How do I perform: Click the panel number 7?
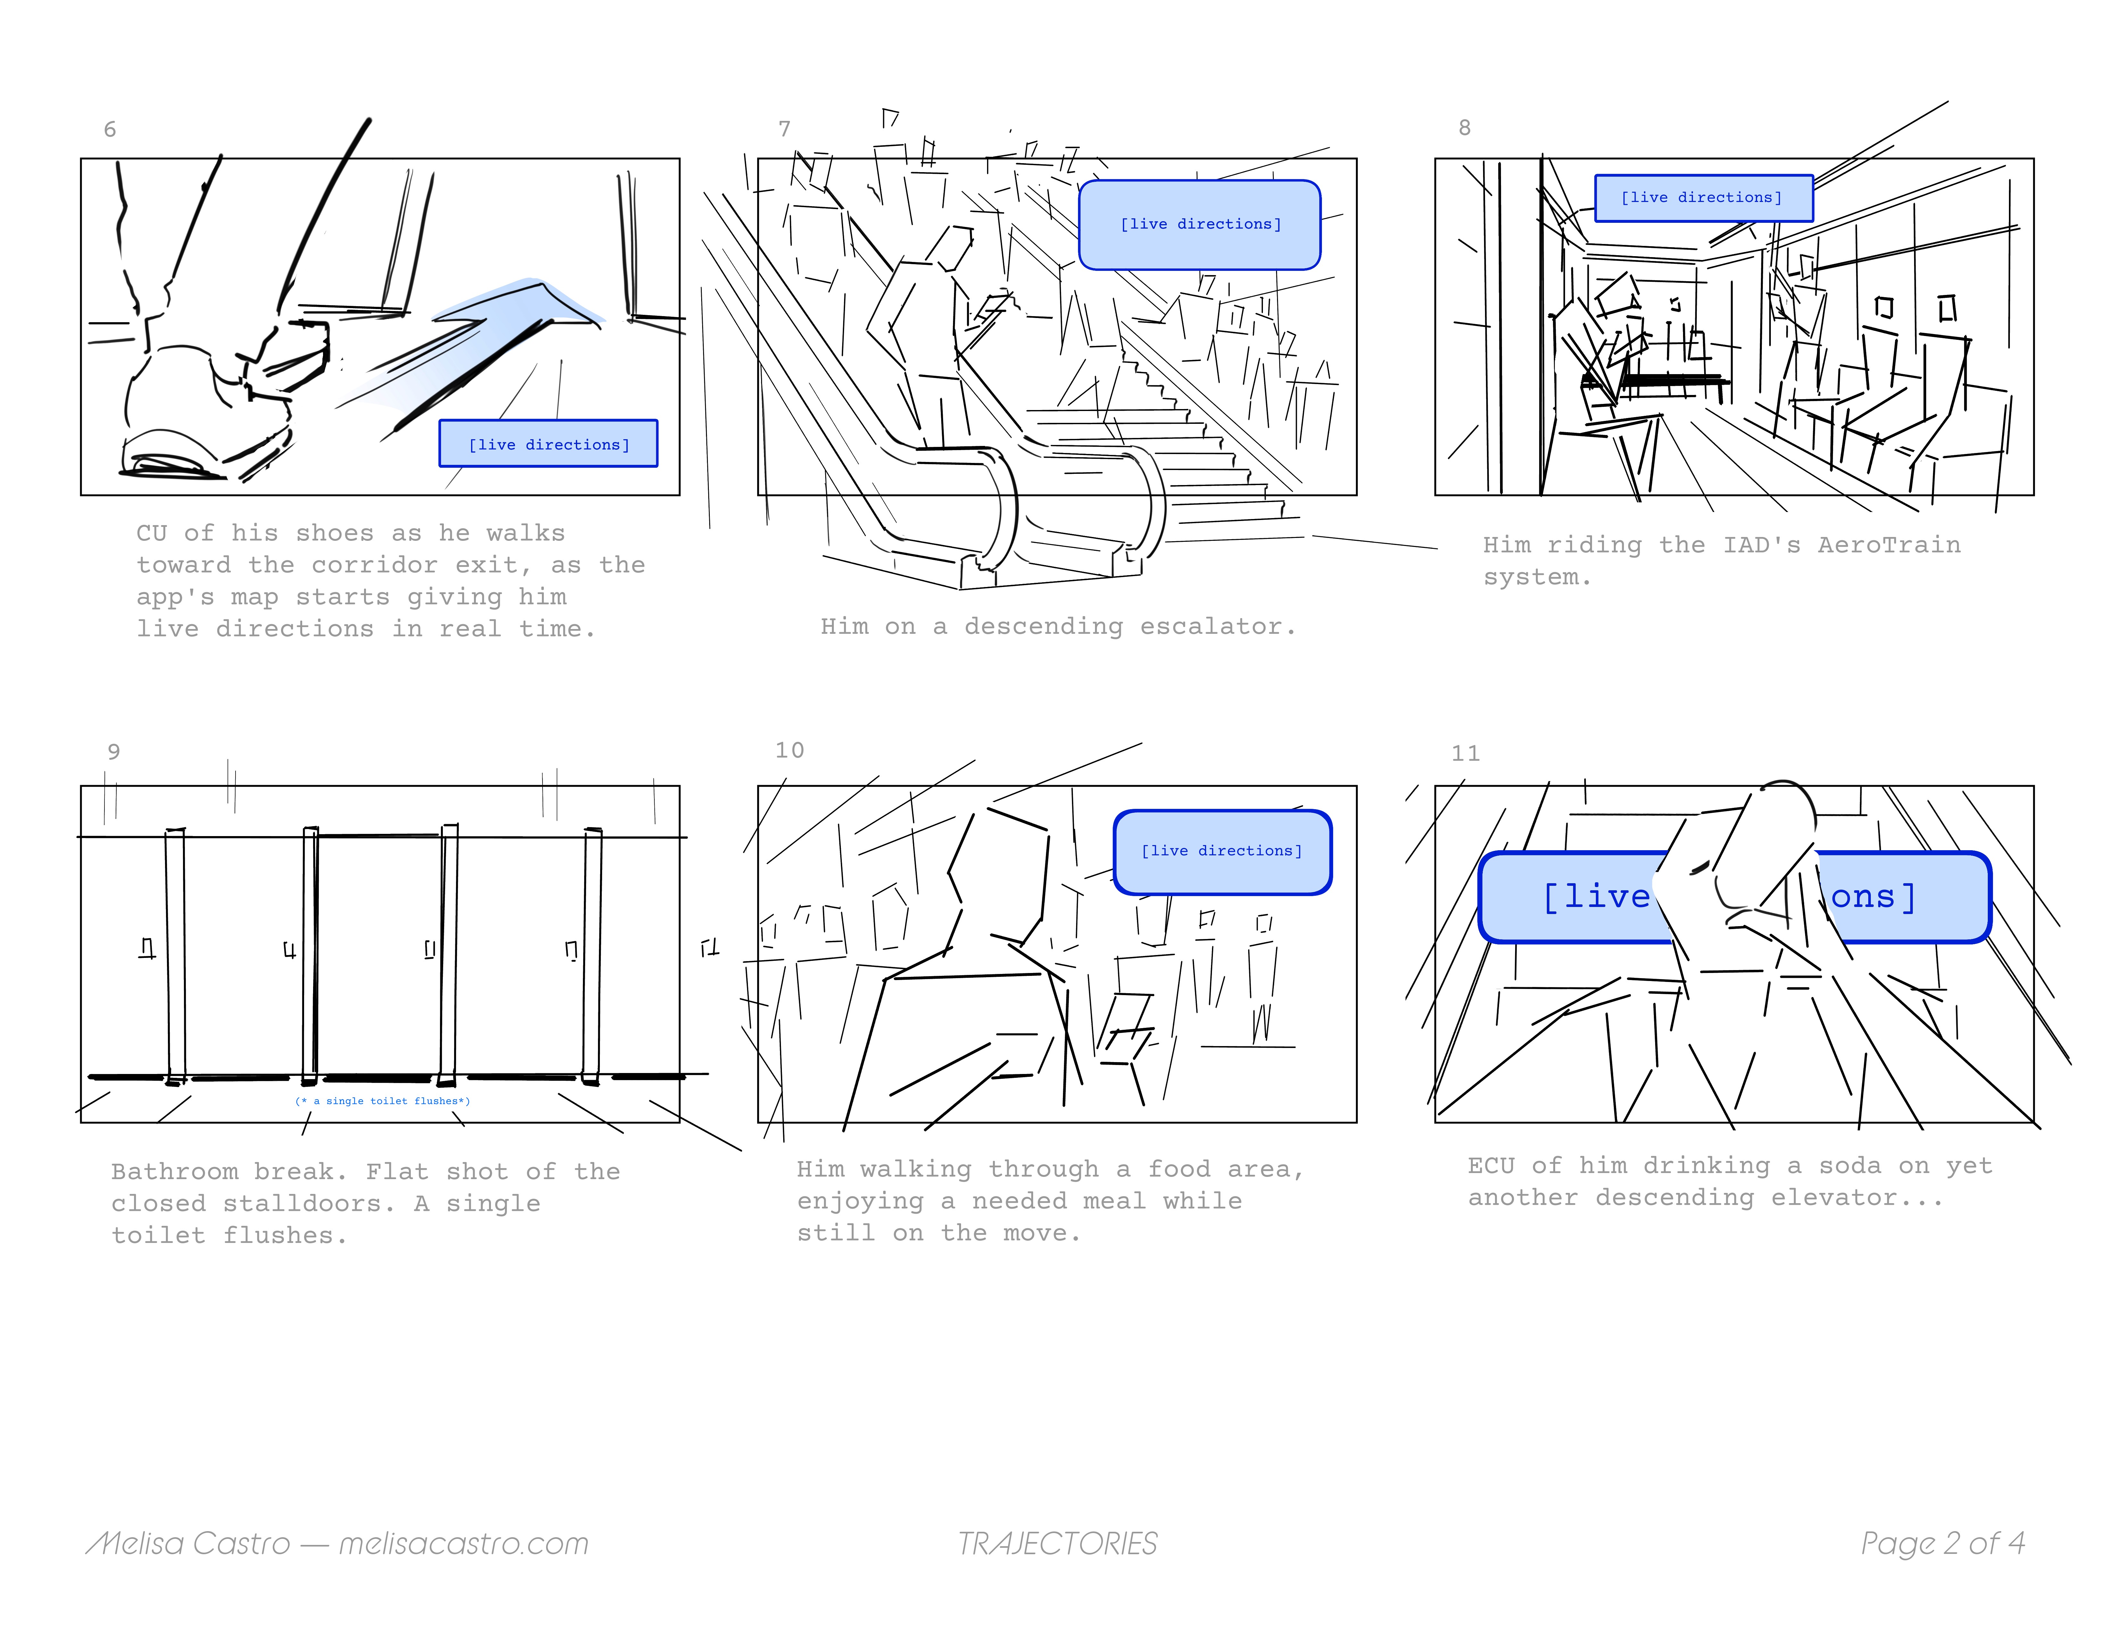click(784, 129)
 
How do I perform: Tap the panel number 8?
click(1464, 128)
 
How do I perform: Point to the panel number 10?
click(789, 751)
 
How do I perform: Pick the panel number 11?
click(1465, 754)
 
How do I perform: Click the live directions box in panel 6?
click(548, 444)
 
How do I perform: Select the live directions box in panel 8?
click(1704, 197)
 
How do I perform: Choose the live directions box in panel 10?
click(1222, 851)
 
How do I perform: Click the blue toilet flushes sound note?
click(383, 1101)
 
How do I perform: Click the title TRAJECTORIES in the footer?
click(1057, 1544)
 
